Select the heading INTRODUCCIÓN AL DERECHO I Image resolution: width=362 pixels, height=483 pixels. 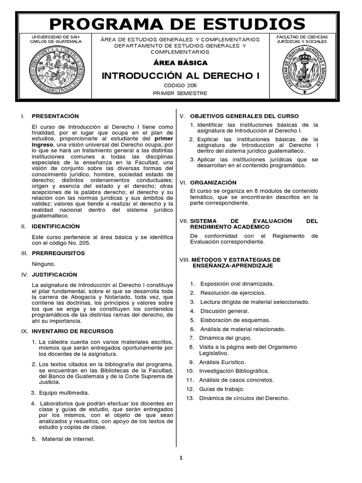(181, 75)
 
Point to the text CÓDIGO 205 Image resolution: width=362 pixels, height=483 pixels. (181, 85)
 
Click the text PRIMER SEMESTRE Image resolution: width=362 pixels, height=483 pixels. (181, 93)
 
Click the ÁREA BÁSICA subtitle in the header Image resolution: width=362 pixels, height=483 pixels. (181, 63)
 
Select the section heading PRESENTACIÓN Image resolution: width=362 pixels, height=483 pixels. (55, 116)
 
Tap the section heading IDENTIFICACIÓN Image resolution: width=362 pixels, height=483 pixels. (56, 226)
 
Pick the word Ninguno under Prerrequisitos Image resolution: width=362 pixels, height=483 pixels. (43, 264)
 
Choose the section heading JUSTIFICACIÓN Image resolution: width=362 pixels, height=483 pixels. (54, 275)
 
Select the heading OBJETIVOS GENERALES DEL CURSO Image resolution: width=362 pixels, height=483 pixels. (244, 116)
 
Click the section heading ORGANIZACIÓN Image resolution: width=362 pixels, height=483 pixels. (213, 182)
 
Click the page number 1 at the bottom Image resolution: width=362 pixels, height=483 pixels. (180, 457)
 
